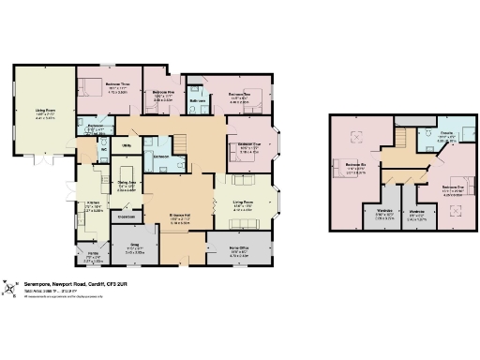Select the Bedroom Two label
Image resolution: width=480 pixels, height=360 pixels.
238,95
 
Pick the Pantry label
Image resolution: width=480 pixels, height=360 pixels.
93,254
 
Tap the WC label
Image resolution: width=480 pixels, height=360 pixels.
102,148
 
